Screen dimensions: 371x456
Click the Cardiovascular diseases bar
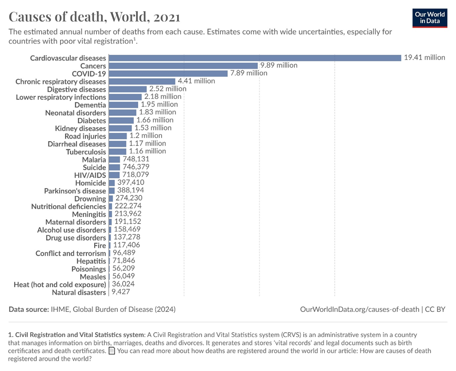tap(255, 58)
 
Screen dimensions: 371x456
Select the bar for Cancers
tap(183, 65)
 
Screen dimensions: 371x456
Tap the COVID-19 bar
tap(168, 73)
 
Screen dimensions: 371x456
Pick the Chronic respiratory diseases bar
tap(142, 81)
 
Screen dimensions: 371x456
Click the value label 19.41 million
tap(424, 57)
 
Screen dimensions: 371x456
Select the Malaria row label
tap(94, 160)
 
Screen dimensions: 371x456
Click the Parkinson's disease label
tap(75, 191)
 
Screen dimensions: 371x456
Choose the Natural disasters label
tap(79, 292)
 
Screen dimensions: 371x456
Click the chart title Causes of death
tap(95, 17)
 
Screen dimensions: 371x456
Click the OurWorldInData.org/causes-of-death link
tap(359, 309)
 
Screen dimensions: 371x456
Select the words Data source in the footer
tap(28, 309)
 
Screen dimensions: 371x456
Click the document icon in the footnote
tap(112, 351)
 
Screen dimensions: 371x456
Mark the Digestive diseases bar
tap(128, 89)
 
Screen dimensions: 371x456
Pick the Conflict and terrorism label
tap(70, 253)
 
